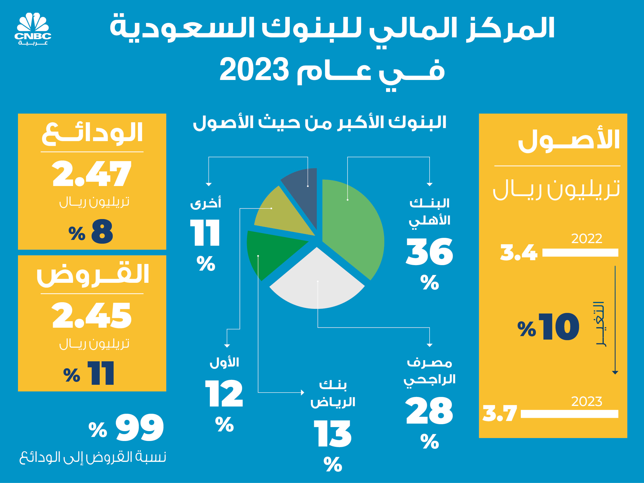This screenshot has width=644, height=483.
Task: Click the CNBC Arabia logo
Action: [33, 28]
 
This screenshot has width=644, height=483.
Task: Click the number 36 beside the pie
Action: [430, 252]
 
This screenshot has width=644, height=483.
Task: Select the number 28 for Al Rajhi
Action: [430, 411]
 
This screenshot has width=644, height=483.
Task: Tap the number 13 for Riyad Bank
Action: [332, 434]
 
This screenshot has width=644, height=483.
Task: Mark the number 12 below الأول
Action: [224, 394]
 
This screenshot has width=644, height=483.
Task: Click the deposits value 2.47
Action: [92, 174]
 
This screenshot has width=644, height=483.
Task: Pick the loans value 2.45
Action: [92, 316]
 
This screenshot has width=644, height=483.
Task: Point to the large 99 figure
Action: [140, 427]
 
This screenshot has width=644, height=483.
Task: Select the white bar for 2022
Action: [580, 253]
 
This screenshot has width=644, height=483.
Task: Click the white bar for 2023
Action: [570, 414]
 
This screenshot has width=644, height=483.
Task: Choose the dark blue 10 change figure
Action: [559, 327]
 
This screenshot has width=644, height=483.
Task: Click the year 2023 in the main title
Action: [254, 70]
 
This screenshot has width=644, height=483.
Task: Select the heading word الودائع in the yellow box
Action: [92, 133]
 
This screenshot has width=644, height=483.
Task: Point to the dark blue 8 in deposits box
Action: [102, 232]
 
